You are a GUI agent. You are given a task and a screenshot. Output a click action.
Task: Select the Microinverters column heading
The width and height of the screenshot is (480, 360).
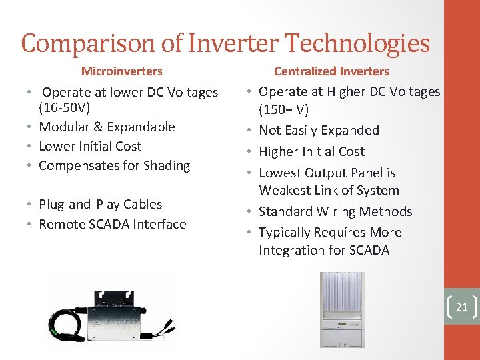121,71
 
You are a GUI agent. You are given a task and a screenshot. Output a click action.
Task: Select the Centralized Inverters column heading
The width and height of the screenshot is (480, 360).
331,71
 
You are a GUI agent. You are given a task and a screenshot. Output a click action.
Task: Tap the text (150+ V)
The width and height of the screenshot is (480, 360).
283,109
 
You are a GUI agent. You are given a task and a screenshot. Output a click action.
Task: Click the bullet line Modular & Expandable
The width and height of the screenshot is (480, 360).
107,127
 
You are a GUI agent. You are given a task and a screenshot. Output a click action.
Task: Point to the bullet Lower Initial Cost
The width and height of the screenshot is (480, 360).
90,146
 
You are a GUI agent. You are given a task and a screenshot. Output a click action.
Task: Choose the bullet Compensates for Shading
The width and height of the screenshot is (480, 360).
114,165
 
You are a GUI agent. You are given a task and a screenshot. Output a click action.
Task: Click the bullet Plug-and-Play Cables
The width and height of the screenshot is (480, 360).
100,204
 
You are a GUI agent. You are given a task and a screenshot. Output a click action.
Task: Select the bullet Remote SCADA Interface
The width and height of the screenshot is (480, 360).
112,224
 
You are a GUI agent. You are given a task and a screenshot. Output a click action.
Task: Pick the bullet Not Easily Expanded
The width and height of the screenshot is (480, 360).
319,130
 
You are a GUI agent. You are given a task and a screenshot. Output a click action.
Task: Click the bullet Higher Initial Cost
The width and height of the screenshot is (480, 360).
311,151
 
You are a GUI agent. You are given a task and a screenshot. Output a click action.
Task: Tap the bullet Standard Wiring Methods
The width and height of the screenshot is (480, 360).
335,211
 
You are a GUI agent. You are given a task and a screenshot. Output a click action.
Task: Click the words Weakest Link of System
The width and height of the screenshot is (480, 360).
329,191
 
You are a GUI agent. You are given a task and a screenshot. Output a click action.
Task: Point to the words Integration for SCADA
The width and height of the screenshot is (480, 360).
324,250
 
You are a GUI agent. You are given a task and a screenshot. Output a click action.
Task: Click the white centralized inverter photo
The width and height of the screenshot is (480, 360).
342,310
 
